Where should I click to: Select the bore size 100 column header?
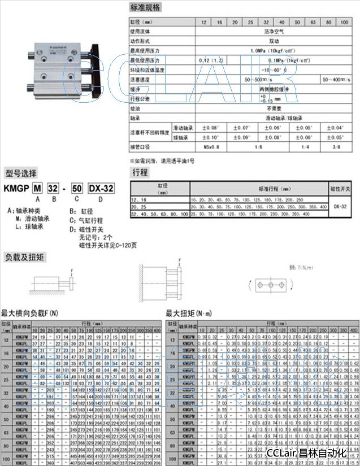[342, 22]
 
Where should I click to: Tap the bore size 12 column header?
[205, 22]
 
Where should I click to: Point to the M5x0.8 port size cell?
[211, 147]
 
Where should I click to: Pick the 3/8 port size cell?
[336, 147]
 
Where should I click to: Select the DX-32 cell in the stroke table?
[341, 206]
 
